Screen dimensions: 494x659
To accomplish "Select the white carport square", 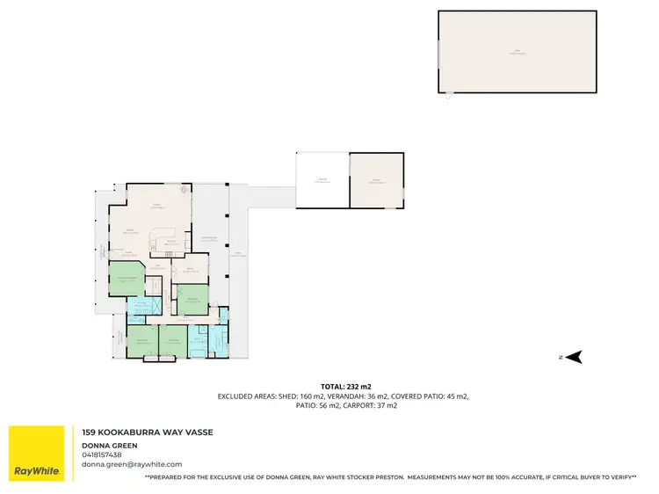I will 322,181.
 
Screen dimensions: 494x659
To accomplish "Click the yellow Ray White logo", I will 36,454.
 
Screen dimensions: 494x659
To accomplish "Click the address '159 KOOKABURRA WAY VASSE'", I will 147,432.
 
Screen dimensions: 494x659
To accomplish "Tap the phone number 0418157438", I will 102,454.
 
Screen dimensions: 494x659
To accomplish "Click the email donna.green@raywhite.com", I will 132,464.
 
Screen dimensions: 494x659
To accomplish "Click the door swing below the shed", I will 448,95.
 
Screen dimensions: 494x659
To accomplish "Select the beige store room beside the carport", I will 377,181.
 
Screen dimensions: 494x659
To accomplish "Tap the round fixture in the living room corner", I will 184,189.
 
